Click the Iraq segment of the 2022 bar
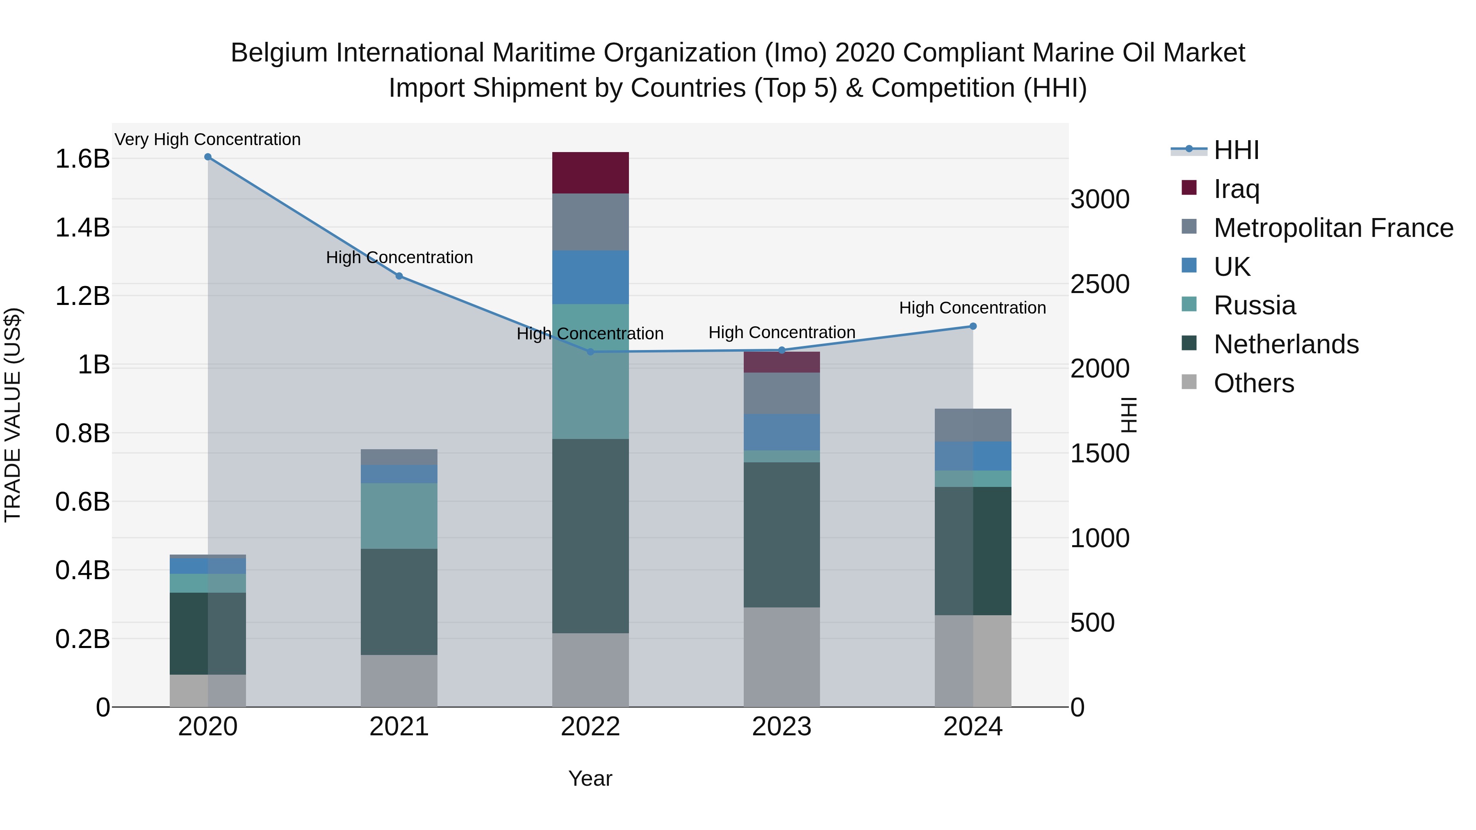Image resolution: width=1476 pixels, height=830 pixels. (x=590, y=173)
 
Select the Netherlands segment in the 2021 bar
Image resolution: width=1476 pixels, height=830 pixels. (x=399, y=601)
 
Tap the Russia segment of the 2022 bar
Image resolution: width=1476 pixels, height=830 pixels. (x=590, y=371)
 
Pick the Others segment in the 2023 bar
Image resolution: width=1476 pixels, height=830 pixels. (x=781, y=657)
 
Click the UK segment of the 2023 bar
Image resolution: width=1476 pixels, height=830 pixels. (x=781, y=432)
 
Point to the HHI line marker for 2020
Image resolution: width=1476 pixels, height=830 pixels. (x=208, y=157)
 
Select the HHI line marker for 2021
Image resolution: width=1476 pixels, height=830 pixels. (x=399, y=276)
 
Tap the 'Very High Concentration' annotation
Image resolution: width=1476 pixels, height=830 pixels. (x=207, y=139)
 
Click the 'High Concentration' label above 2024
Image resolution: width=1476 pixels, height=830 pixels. (x=973, y=307)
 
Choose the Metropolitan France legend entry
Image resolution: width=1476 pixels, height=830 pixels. (x=1333, y=227)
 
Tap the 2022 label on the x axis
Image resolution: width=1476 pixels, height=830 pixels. (x=590, y=727)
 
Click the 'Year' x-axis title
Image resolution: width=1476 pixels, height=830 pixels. (x=590, y=778)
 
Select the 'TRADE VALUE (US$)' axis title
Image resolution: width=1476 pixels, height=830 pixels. (x=13, y=415)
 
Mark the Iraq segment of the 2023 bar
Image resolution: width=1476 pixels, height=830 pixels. (x=781, y=362)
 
